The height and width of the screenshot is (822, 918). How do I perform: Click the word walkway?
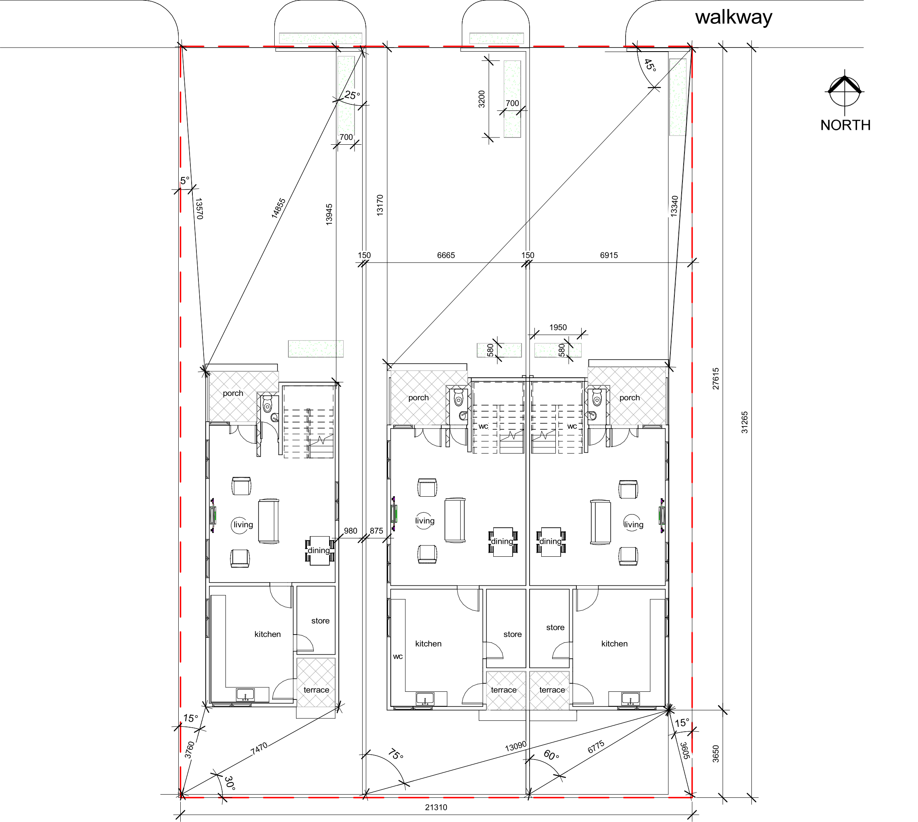pyautogui.click(x=734, y=18)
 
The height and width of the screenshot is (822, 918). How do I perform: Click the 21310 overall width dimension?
pyautogui.click(x=436, y=807)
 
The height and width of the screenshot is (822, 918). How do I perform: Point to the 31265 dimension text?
pyautogui.click(x=745, y=422)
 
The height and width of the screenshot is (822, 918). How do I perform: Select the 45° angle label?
pyautogui.click(x=650, y=65)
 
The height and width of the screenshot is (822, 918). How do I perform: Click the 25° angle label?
pyautogui.click(x=353, y=95)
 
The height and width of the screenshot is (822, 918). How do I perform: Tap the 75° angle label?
pyautogui.click(x=395, y=754)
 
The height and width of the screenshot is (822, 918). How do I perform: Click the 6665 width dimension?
pyautogui.click(x=446, y=255)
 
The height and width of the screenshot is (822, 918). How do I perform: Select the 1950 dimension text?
pyautogui.click(x=558, y=327)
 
